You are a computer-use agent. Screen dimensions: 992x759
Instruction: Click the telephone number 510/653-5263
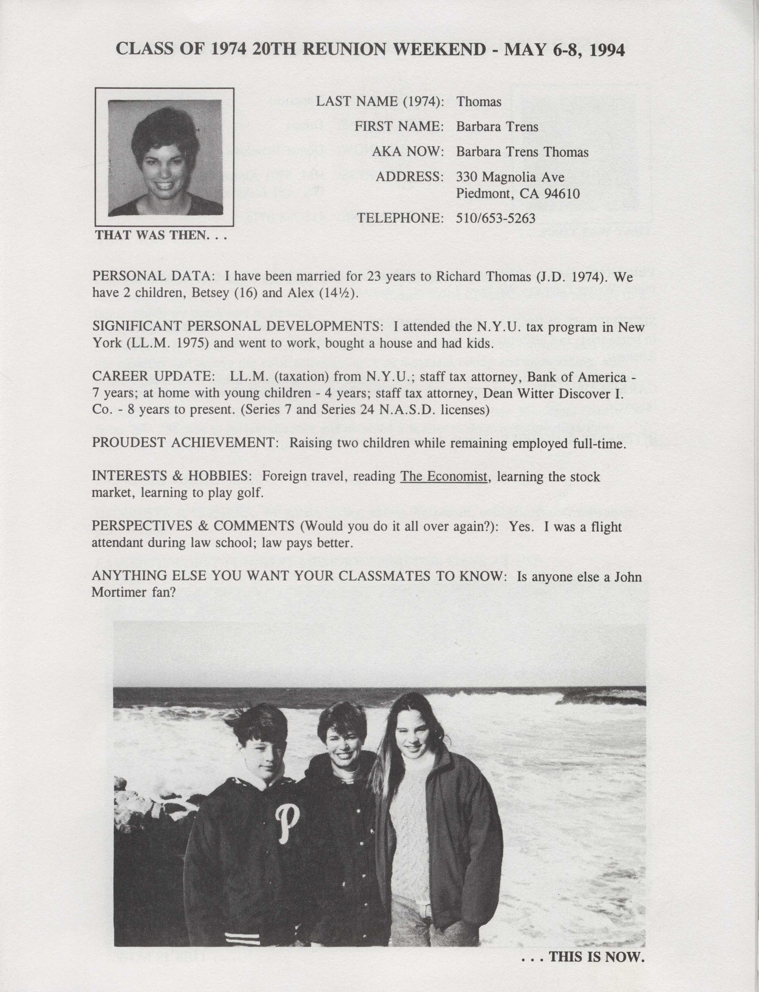point(496,219)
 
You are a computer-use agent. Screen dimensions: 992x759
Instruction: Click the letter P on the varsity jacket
point(287,828)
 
